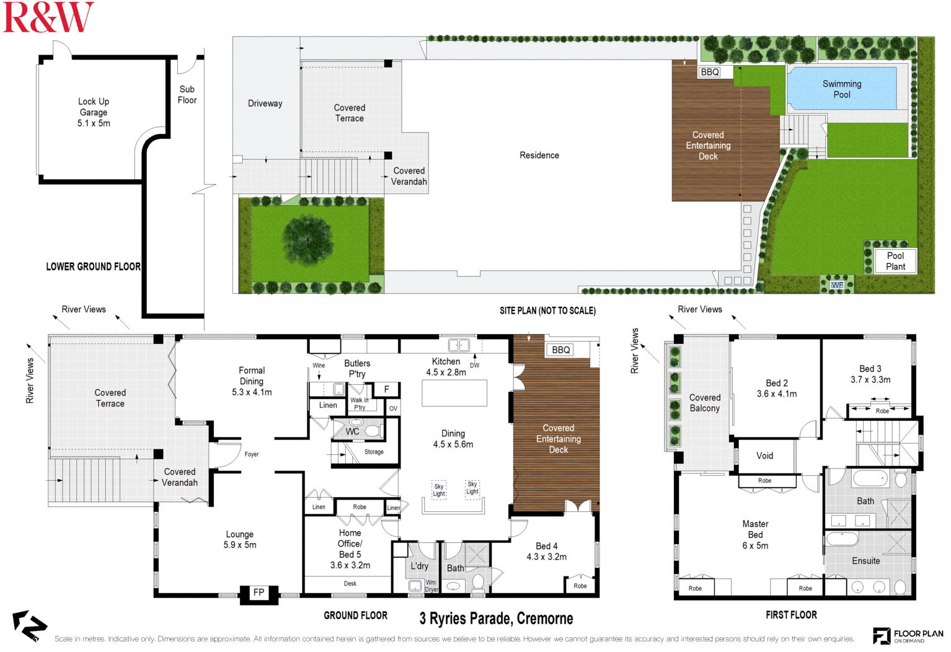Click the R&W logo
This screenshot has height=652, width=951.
pyautogui.click(x=48, y=17)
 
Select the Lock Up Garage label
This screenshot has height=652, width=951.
pyautogui.click(x=94, y=112)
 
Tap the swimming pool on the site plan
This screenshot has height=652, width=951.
pyautogui.click(x=841, y=89)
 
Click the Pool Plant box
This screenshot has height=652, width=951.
pyautogui.click(x=895, y=261)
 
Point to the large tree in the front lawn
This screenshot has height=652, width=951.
pyautogui.click(x=308, y=239)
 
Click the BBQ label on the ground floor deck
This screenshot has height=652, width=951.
pyautogui.click(x=560, y=350)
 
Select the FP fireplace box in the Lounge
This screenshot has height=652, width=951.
pyautogui.click(x=259, y=593)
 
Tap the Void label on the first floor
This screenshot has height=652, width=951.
pyautogui.click(x=764, y=456)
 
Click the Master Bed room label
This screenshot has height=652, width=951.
pyautogui.click(x=755, y=534)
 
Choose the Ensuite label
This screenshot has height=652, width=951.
pyautogui.click(x=865, y=561)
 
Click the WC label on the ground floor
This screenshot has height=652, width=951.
pyautogui.click(x=352, y=431)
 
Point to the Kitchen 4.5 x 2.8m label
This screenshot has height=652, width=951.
pyautogui.click(x=446, y=367)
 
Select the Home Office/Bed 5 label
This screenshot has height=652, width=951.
pyautogui.click(x=350, y=549)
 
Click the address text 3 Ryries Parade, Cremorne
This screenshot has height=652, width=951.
pyautogui.click(x=496, y=619)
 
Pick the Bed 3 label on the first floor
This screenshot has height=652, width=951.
pyautogui.click(x=870, y=374)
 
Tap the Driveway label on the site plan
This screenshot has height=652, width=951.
pyautogui.click(x=265, y=104)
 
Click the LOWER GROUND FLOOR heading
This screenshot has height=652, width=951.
pyautogui.click(x=93, y=267)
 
